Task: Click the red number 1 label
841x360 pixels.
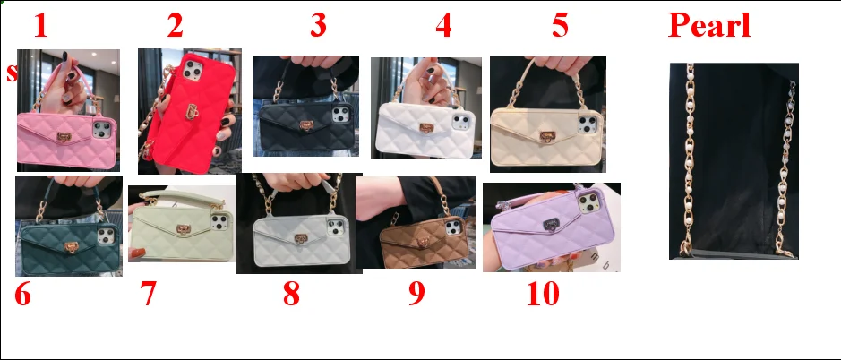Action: point(41,25)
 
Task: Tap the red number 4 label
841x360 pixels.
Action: point(443,25)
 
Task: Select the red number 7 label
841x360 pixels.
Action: point(148,294)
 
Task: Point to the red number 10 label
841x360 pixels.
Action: point(544,294)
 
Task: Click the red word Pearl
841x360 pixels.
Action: point(709,25)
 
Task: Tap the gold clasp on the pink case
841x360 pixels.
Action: point(64,137)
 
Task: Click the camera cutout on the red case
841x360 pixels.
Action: point(192,71)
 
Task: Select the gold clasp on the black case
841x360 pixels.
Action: point(306,126)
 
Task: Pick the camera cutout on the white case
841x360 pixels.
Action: point(460,121)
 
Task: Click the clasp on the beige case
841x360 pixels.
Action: point(547,136)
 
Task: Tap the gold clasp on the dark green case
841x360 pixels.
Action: point(70,246)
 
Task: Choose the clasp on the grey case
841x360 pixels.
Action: point(301,239)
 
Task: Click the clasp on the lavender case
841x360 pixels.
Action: point(551,224)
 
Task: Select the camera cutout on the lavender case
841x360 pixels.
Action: point(589,201)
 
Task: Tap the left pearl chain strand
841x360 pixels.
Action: point(689,160)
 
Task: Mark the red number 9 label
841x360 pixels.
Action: point(416,294)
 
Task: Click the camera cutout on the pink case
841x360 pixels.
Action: point(102,129)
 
